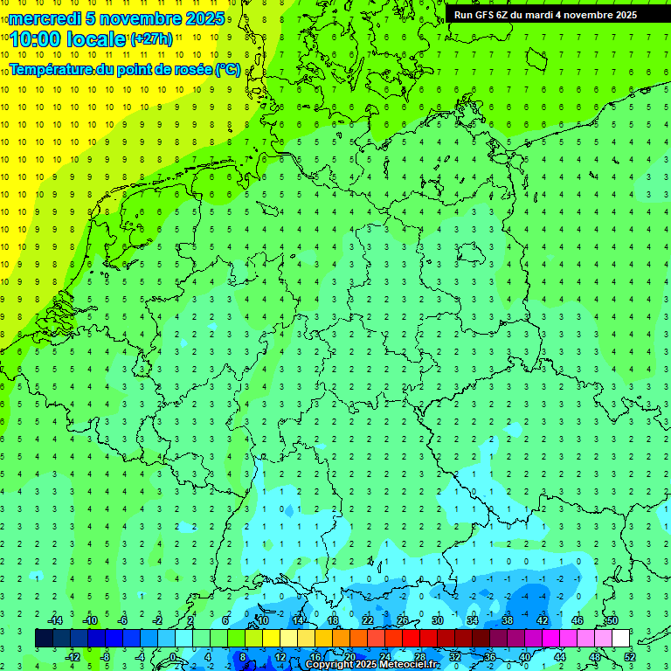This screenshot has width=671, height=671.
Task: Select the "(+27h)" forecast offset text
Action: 151,38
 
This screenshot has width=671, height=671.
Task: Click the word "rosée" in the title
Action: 185,69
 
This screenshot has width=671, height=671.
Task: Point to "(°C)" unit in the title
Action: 228,69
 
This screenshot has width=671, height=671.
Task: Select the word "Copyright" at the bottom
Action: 329,665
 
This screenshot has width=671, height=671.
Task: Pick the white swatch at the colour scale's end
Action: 620,638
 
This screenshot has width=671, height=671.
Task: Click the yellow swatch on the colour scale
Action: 271,638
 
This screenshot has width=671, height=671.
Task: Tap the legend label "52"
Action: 630,657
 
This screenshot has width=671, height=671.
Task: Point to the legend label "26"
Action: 402,619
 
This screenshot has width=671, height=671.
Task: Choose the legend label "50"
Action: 612,619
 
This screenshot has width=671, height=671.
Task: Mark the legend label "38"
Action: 507,619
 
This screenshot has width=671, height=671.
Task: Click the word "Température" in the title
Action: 52,69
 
